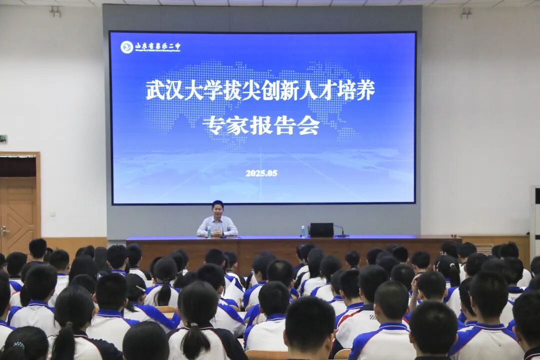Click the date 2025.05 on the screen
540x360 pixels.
pos(261,173)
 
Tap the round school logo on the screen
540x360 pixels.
pos(127,47)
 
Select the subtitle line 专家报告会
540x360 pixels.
pos(261,125)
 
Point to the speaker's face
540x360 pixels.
pos(217,210)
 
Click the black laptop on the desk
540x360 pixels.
pos(321,230)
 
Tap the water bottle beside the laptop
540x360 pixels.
pos(302,231)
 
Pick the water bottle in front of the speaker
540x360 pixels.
pos(209,232)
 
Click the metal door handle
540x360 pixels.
pos(4,231)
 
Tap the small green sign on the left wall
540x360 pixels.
pos(3,138)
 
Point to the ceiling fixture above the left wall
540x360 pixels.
pos(55,11)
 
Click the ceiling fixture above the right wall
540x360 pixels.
pos(466,13)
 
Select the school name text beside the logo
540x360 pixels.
pos(157,47)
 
